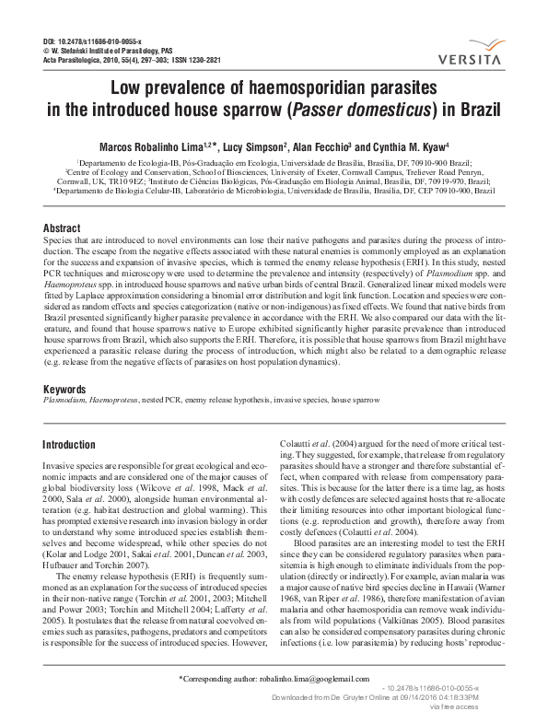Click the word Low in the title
129,89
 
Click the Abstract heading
62,227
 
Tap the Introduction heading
69,445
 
